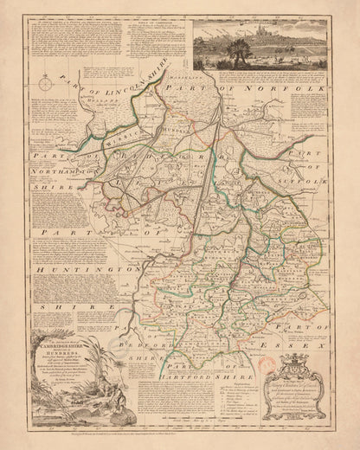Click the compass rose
tap(44, 86)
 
